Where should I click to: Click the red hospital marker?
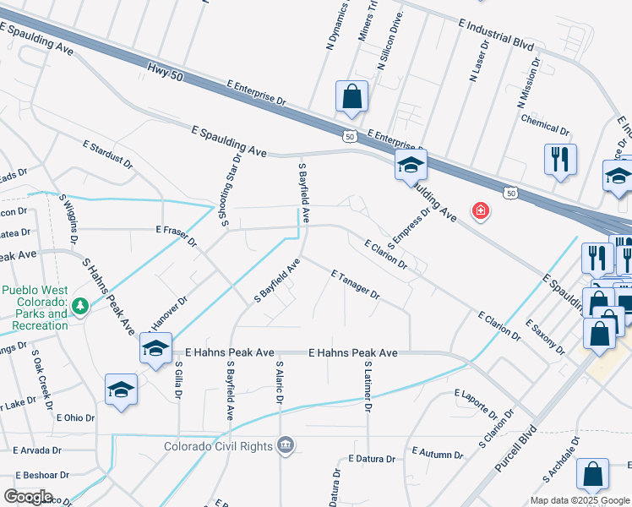481,210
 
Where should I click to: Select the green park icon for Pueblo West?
79,305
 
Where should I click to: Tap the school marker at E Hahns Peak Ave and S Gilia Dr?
156,348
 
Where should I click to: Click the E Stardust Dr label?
108,152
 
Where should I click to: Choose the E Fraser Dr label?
177,236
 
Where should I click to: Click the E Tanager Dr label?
356,285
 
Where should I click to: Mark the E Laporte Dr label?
476,403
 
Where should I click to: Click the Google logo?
28,497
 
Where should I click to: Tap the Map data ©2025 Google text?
580,500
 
